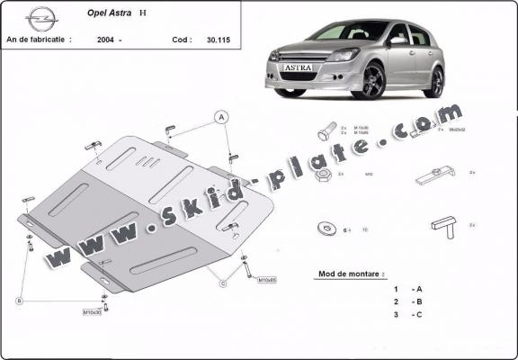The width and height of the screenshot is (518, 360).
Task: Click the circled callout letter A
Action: click(x=220, y=116)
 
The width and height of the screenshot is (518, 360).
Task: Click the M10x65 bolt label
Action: click(x=268, y=280)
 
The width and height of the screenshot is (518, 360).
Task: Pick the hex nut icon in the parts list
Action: click(x=326, y=175)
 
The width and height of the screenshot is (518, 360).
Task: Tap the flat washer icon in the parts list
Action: click(x=324, y=229)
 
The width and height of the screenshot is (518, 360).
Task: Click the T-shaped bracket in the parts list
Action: click(x=443, y=221)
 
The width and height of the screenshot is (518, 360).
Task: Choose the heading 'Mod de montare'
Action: click(x=351, y=273)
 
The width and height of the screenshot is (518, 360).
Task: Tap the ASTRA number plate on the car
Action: click(x=299, y=67)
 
